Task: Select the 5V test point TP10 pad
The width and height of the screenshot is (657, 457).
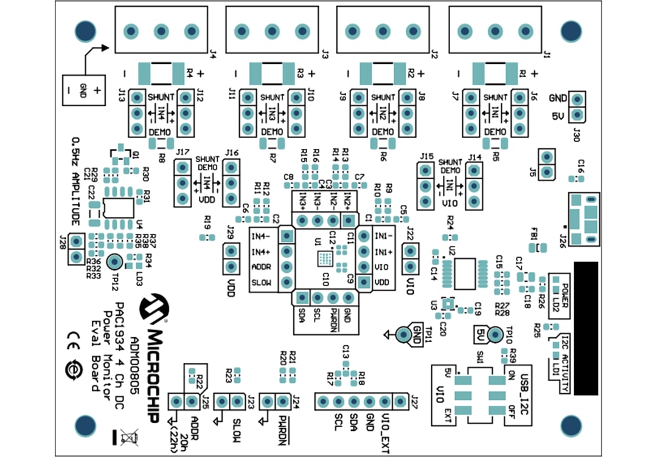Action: tap(494, 334)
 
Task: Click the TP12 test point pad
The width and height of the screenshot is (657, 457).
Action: tap(114, 261)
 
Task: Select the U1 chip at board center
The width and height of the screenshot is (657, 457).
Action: tap(325, 259)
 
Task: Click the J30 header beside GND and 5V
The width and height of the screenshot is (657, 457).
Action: tap(577, 106)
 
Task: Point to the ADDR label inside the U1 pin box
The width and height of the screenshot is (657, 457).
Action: tap(260, 266)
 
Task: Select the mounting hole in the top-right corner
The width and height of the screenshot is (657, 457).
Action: tap(571, 30)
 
